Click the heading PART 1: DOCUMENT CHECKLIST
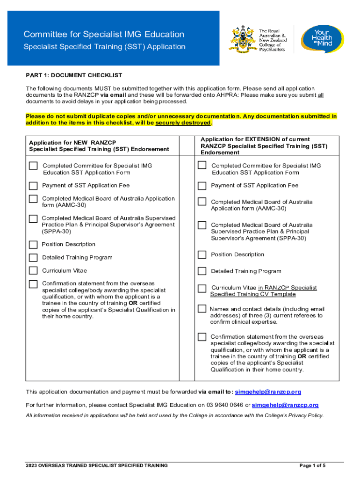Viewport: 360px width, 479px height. [74, 75]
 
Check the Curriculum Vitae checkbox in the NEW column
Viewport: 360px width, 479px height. [33, 270]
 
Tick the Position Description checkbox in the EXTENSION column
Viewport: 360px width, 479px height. [202, 255]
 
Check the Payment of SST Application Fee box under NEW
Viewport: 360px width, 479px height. [33, 185]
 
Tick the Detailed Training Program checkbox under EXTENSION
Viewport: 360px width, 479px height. [202, 271]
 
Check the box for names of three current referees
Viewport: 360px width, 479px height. [202, 309]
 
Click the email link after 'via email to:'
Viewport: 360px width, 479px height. [268, 392]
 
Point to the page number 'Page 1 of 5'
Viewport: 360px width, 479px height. [312, 465]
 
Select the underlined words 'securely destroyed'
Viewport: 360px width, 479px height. [183, 123]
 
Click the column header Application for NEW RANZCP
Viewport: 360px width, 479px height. [72, 142]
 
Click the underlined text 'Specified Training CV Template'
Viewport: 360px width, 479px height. [253, 294]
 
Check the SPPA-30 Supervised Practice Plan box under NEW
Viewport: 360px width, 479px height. [33, 219]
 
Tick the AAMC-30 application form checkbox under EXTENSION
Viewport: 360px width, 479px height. [202, 202]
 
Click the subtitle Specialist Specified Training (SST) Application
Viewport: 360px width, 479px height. [104, 47]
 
